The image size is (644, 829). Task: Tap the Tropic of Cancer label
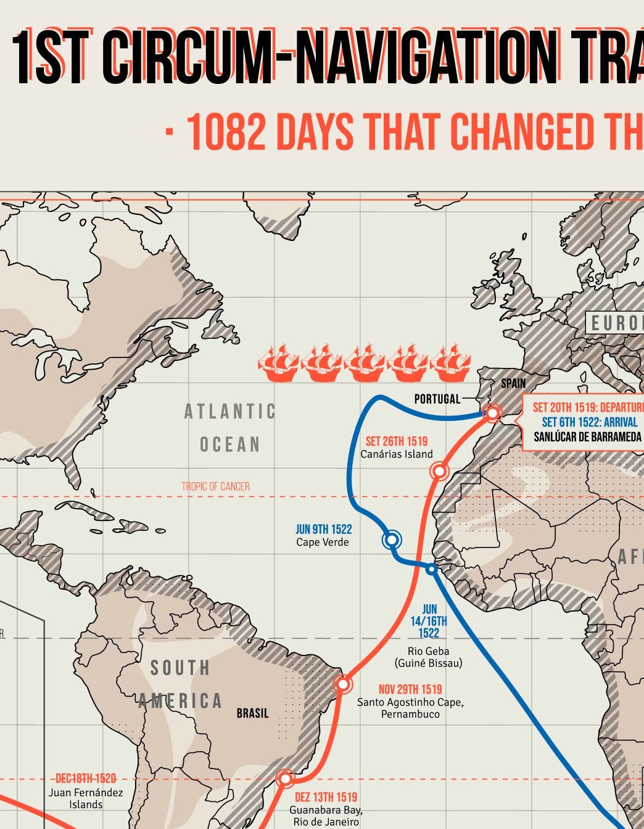pos(215,486)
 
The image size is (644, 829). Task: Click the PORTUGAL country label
pos(437,399)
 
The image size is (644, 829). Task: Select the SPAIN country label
pos(513,383)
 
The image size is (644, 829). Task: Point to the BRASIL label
pos(252,713)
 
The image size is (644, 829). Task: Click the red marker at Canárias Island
pos(439,472)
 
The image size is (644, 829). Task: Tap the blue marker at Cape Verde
pos(392,539)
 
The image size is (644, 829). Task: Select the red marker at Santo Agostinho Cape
pos(343,684)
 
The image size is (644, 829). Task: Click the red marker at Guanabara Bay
pos(285,779)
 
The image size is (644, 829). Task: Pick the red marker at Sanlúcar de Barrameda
pos(492,412)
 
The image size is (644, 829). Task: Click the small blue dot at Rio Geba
pos(432,569)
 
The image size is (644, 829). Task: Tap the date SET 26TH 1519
pos(396,441)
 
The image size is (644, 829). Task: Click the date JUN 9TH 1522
pos(323,529)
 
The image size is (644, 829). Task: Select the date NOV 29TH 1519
pos(410,689)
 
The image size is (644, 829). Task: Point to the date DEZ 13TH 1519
pos(326,797)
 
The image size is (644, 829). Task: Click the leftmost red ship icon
pos(278,363)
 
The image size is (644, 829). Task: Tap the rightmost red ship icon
pos(451,363)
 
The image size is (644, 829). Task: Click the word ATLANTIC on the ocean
pos(230,411)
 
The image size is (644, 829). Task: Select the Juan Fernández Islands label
pos(86,798)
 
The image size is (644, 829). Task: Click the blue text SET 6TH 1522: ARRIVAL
pos(589,422)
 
